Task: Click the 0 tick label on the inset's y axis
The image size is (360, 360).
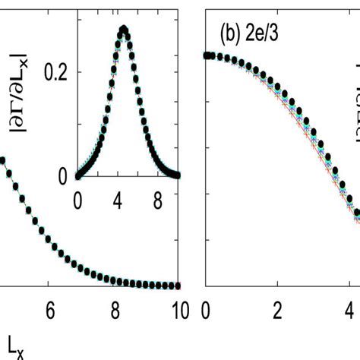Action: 65,175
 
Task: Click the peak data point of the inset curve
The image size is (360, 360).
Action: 125,30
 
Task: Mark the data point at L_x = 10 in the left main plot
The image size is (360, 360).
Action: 179,286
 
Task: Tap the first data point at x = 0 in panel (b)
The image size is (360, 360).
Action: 206,55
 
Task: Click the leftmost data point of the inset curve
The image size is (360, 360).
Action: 77,175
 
